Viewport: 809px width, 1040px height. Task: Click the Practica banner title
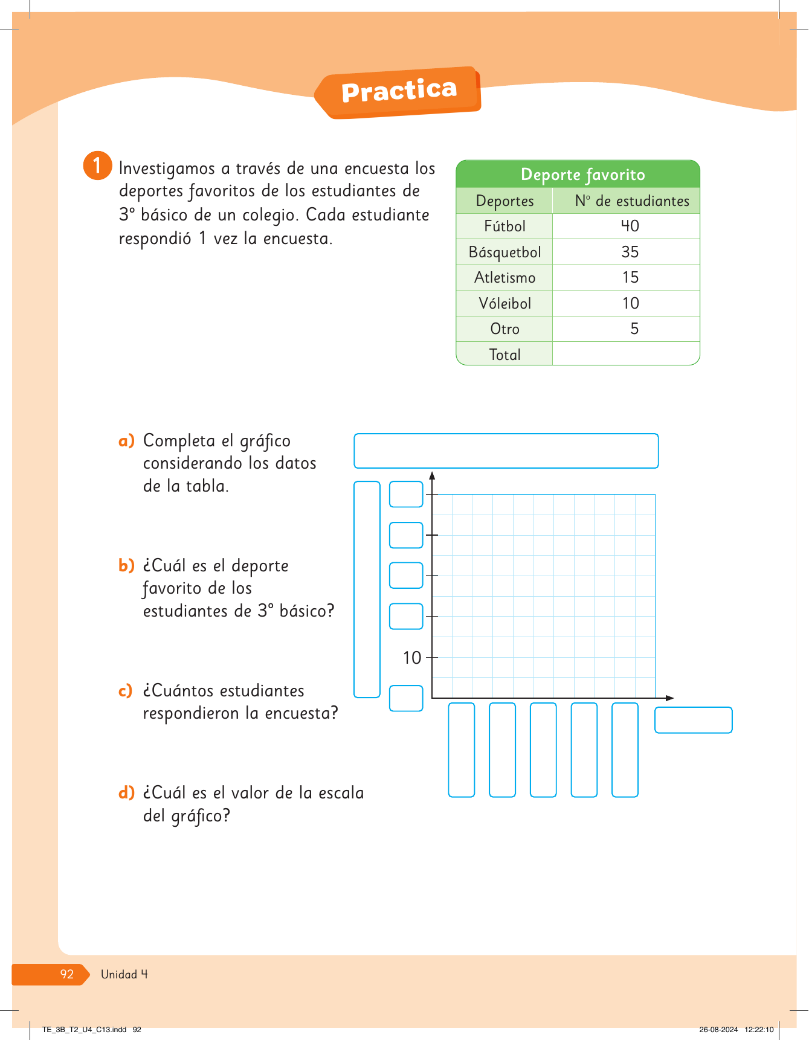(x=399, y=91)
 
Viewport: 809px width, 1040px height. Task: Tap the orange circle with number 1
(x=97, y=165)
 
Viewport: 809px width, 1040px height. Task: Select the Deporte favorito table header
(x=582, y=175)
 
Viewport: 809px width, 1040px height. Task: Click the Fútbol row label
(x=504, y=226)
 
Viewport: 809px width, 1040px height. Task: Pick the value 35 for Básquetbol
(x=630, y=252)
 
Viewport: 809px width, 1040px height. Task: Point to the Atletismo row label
(x=504, y=278)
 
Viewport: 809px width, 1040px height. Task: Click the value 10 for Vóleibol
(x=630, y=303)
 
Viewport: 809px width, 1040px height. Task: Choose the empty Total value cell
(x=626, y=354)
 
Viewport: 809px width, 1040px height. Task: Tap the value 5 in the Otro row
(x=634, y=329)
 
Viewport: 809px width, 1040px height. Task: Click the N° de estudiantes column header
(x=631, y=201)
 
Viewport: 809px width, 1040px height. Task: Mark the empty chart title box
(x=506, y=451)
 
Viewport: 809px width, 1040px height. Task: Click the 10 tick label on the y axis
(x=412, y=658)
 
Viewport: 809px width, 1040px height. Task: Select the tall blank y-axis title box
(x=367, y=589)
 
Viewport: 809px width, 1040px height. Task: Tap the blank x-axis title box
(x=693, y=720)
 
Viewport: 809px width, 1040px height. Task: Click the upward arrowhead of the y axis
(x=432, y=476)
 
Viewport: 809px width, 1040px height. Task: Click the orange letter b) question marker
(x=126, y=565)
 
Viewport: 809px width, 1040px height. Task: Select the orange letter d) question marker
(x=126, y=792)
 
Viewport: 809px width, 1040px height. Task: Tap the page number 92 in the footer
(x=66, y=974)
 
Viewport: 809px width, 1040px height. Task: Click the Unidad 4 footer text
(x=124, y=974)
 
